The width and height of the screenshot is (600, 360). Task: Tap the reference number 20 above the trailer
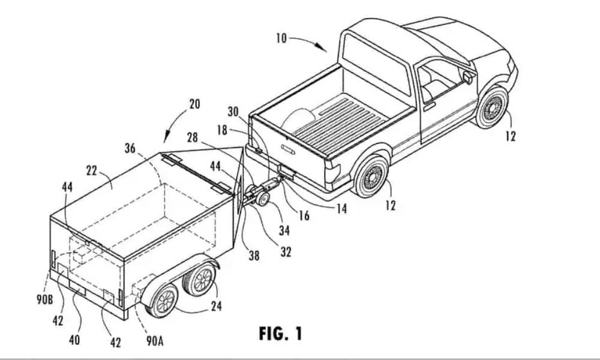click(x=194, y=104)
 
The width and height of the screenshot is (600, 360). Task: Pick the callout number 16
click(x=304, y=215)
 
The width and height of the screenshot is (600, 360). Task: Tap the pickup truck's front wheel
click(x=492, y=108)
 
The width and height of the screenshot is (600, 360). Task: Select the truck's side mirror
click(x=468, y=77)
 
